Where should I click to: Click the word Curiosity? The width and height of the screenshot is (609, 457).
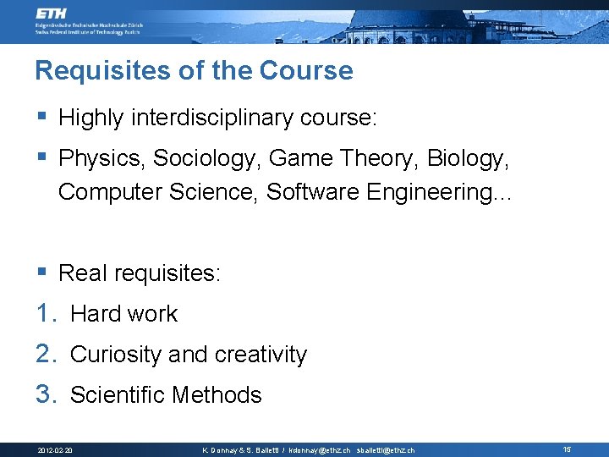click(x=116, y=355)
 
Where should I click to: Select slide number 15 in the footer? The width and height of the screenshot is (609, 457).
click(x=567, y=449)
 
